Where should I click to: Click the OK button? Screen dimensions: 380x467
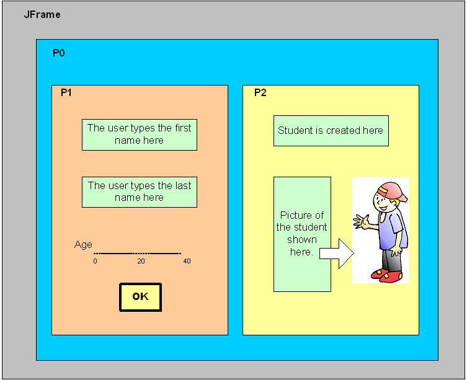tap(140, 297)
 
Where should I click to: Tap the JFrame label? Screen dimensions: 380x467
tap(42, 14)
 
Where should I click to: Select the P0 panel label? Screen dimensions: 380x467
tap(58, 53)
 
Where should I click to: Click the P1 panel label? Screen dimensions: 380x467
tap(66, 92)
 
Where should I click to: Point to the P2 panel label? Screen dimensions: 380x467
tap(260, 92)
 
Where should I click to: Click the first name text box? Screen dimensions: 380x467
tap(139, 135)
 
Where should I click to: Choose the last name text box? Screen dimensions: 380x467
tap(139, 192)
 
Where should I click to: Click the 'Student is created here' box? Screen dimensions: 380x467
tap(331, 131)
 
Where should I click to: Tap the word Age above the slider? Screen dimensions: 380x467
tap(83, 245)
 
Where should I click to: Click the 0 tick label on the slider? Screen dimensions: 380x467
tap(95, 262)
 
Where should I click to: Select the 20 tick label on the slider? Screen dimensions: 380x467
tap(141, 262)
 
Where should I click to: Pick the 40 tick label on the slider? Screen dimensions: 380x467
tap(187, 262)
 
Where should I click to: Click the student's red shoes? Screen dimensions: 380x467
tap(390, 275)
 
